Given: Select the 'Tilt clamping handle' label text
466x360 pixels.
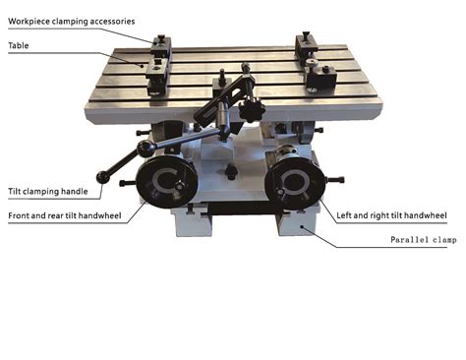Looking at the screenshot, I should [48, 190].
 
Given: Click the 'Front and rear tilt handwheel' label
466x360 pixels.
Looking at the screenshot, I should [66, 214].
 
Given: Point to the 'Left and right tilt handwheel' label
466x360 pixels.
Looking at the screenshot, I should [391, 214].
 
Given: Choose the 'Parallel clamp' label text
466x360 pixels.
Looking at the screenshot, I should [422, 240].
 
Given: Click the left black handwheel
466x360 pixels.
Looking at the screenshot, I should [164, 183].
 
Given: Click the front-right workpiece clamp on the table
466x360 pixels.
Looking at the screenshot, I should [318, 75].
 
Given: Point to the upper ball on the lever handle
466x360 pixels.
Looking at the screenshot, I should [146, 150].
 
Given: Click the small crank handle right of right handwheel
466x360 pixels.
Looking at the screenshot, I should [337, 179].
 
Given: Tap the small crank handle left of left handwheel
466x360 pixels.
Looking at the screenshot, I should [125, 183].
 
